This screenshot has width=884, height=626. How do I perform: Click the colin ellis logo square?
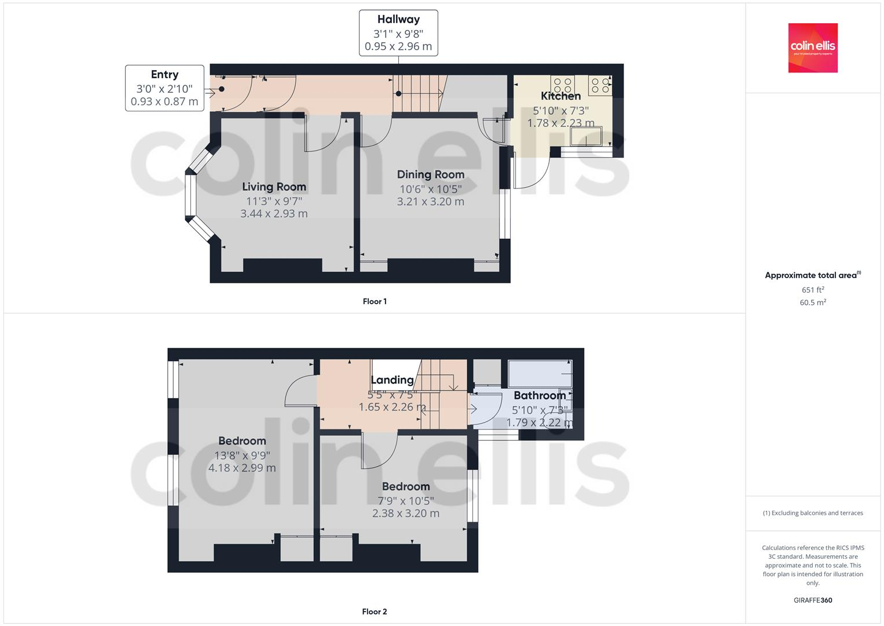pos(813,48)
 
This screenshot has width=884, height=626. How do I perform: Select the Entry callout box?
pos(164,88)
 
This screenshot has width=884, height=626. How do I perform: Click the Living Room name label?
pos(274,187)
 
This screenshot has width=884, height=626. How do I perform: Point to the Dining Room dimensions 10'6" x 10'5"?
pos(431,189)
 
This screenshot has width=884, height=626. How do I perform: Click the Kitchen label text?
pos(560,96)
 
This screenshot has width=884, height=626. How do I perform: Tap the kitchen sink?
pos(586,137)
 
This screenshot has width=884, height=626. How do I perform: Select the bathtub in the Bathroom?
pos(540,374)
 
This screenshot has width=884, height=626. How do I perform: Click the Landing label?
pos(392,380)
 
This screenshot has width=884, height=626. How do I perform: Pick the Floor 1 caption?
pos(375,301)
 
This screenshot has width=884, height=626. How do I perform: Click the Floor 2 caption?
pos(375,612)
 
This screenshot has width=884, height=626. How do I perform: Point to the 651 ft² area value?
pos(813,290)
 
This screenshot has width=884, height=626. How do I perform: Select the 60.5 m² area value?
pos(813,303)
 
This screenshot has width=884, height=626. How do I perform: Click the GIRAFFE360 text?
pos(813,600)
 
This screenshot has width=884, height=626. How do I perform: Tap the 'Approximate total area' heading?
pos(812,275)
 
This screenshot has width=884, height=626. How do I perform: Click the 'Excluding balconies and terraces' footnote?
pos(813,513)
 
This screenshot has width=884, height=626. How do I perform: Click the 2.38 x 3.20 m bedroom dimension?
pos(406,514)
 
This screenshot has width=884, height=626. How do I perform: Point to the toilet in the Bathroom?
pos(555,418)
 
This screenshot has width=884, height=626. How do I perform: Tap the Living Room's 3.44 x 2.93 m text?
pos(274,214)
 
